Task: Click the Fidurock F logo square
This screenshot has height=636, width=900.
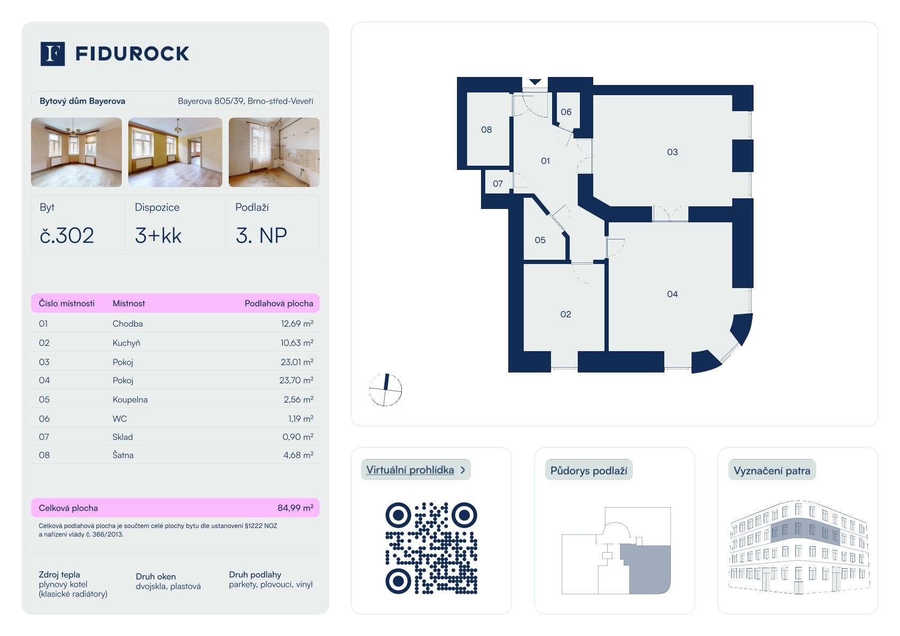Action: tap(52, 54)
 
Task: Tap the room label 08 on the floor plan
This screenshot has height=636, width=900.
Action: tap(486, 130)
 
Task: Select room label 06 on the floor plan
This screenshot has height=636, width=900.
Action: tap(566, 112)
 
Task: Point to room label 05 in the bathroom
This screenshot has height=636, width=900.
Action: tap(540, 241)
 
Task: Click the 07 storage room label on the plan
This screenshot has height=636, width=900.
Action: tap(498, 184)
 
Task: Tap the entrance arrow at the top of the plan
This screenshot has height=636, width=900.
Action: tap(535, 82)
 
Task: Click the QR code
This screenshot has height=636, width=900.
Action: tap(431, 548)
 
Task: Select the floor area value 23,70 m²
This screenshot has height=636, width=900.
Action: tap(296, 380)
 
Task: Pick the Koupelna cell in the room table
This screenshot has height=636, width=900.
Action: tap(130, 400)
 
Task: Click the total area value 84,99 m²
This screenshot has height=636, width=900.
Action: tap(296, 508)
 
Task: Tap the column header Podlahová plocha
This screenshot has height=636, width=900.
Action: tap(279, 304)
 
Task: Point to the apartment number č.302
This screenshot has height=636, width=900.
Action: tap(67, 236)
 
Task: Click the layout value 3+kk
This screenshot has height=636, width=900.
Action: tap(158, 236)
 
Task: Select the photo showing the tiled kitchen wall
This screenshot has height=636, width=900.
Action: tap(274, 152)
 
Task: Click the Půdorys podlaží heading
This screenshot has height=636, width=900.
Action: tap(588, 470)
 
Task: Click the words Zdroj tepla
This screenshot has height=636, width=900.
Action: tap(59, 575)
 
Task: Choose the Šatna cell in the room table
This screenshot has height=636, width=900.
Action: tap(123, 455)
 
